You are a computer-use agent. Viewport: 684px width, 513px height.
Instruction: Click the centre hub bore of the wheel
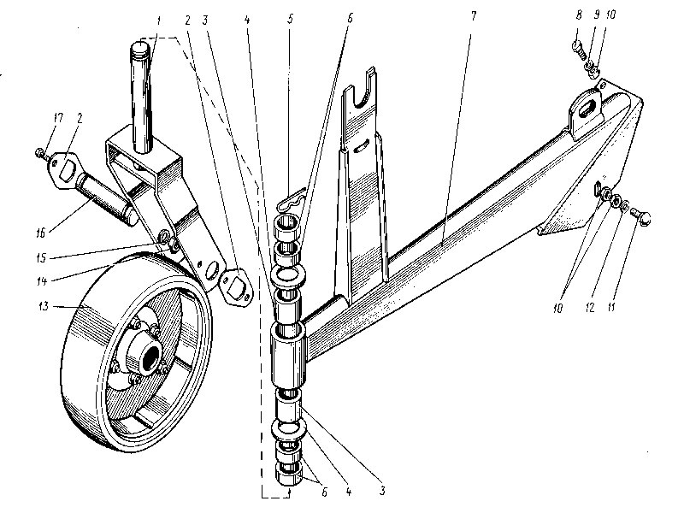pos(150,352)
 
